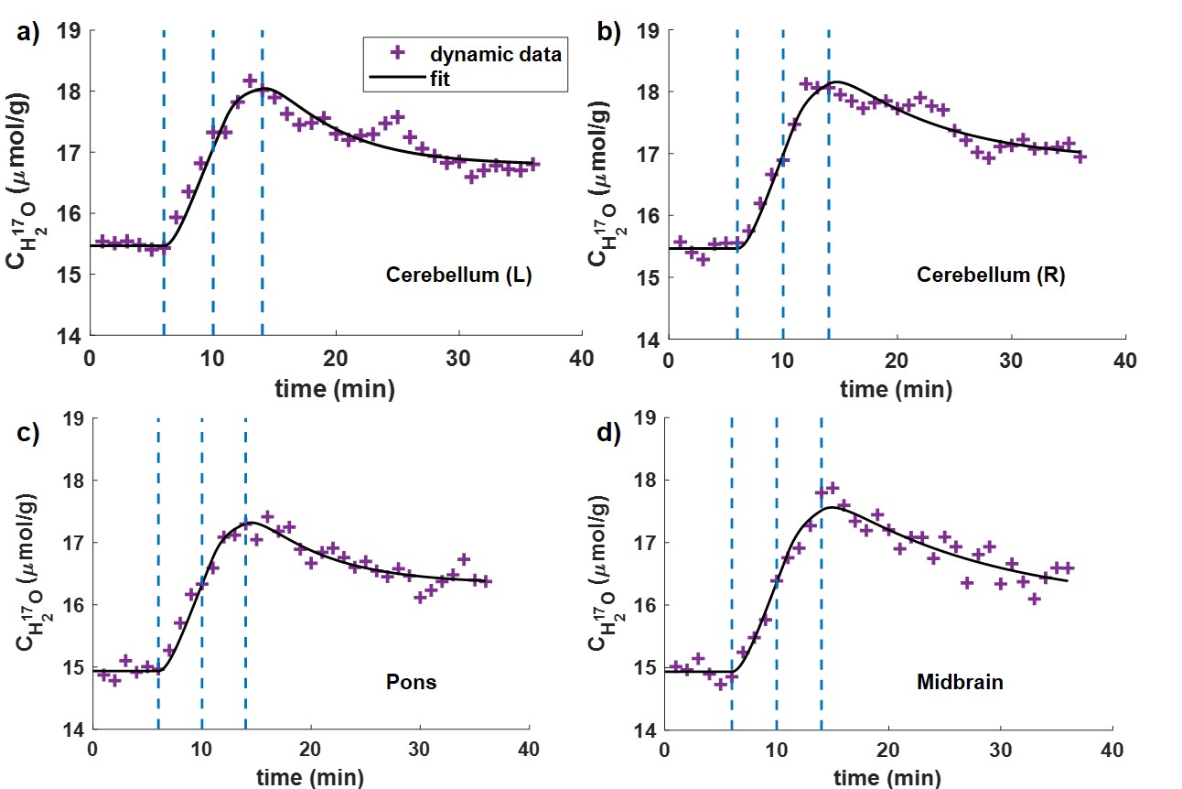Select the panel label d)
click(607, 432)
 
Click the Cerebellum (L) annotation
click(458, 275)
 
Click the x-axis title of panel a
click(336, 388)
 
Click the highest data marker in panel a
click(250, 81)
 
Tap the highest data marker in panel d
click(832, 488)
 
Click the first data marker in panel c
click(103, 675)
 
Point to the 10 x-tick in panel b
click(783, 360)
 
